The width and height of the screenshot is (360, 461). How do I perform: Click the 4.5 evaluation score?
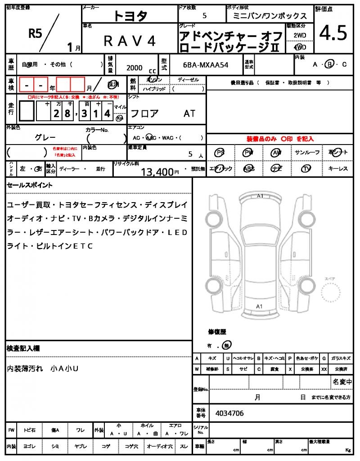pos(333,33)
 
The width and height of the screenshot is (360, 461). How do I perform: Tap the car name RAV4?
pos(130,41)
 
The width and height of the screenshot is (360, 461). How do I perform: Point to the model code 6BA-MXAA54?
pos(206,65)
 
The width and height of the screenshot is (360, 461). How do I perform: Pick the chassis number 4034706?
pos(229,413)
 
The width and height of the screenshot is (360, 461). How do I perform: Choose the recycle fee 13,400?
pos(157,172)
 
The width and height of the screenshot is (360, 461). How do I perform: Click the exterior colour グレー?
pos(45,137)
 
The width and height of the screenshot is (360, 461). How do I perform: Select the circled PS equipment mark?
pos(220,153)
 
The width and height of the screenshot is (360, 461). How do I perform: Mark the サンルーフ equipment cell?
pos(307,153)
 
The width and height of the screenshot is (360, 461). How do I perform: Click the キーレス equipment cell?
pos(338,169)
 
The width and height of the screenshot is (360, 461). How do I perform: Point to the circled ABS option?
pos(248,169)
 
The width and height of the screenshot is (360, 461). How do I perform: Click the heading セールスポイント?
pos(30,185)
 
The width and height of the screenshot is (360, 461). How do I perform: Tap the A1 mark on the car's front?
pos(260,196)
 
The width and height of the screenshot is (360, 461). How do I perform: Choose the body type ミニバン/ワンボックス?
pos(270,16)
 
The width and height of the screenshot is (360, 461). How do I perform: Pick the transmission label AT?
pos(189,113)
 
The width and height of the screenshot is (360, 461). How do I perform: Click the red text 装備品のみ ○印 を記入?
pos(280,139)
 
